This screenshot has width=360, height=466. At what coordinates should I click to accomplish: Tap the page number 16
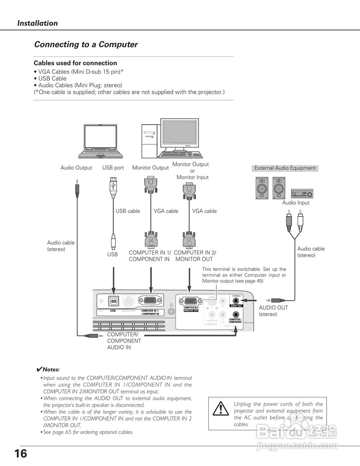tap(20, 454)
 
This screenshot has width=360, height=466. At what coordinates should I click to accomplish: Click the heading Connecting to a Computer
tap(86, 44)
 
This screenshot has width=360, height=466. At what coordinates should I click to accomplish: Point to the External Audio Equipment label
tap(285, 168)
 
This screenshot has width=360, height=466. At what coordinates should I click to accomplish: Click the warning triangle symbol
tap(221, 409)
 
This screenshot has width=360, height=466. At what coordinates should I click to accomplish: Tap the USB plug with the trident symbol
tap(113, 186)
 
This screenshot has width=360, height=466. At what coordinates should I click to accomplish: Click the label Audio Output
tap(76, 168)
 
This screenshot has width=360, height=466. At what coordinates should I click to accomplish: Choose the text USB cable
tap(127, 211)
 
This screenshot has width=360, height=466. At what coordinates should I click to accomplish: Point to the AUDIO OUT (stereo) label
tap(273, 311)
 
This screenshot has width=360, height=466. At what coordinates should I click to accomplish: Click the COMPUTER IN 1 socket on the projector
tap(150, 301)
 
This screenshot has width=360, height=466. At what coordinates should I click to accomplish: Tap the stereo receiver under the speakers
tap(302, 193)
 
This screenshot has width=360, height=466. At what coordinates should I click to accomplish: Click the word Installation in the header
tap(37, 23)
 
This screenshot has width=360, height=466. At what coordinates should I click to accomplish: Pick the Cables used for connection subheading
tap(75, 63)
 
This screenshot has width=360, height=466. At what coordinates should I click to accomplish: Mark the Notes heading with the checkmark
tap(48, 370)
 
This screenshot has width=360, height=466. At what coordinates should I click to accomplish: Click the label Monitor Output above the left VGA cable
tap(150, 168)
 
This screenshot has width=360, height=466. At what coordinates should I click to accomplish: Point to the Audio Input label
tap(296, 203)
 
